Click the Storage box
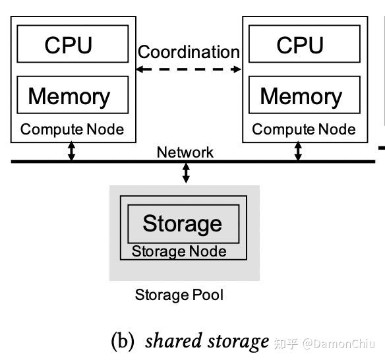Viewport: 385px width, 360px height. click(x=183, y=224)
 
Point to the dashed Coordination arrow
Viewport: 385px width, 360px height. click(x=189, y=69)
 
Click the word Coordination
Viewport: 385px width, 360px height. click(x=189, y=51)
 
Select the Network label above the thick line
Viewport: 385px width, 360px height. click(x=185, y=152)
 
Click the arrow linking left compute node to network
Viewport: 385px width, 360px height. click(x=72, y=151)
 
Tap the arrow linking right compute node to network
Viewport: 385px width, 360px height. click(x=298, y=151)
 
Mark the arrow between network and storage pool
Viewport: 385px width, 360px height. click(x=186, y=173)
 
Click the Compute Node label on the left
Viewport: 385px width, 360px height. click(x=72, y=129)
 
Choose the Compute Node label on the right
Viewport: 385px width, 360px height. click(x=304, y=129)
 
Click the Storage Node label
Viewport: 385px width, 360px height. click(x=179, y=251)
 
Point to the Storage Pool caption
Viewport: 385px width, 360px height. click(x=179, y=295)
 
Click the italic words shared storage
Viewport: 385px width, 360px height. click(x=207, y=341)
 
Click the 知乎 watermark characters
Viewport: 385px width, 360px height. click(x=286, y=344)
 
